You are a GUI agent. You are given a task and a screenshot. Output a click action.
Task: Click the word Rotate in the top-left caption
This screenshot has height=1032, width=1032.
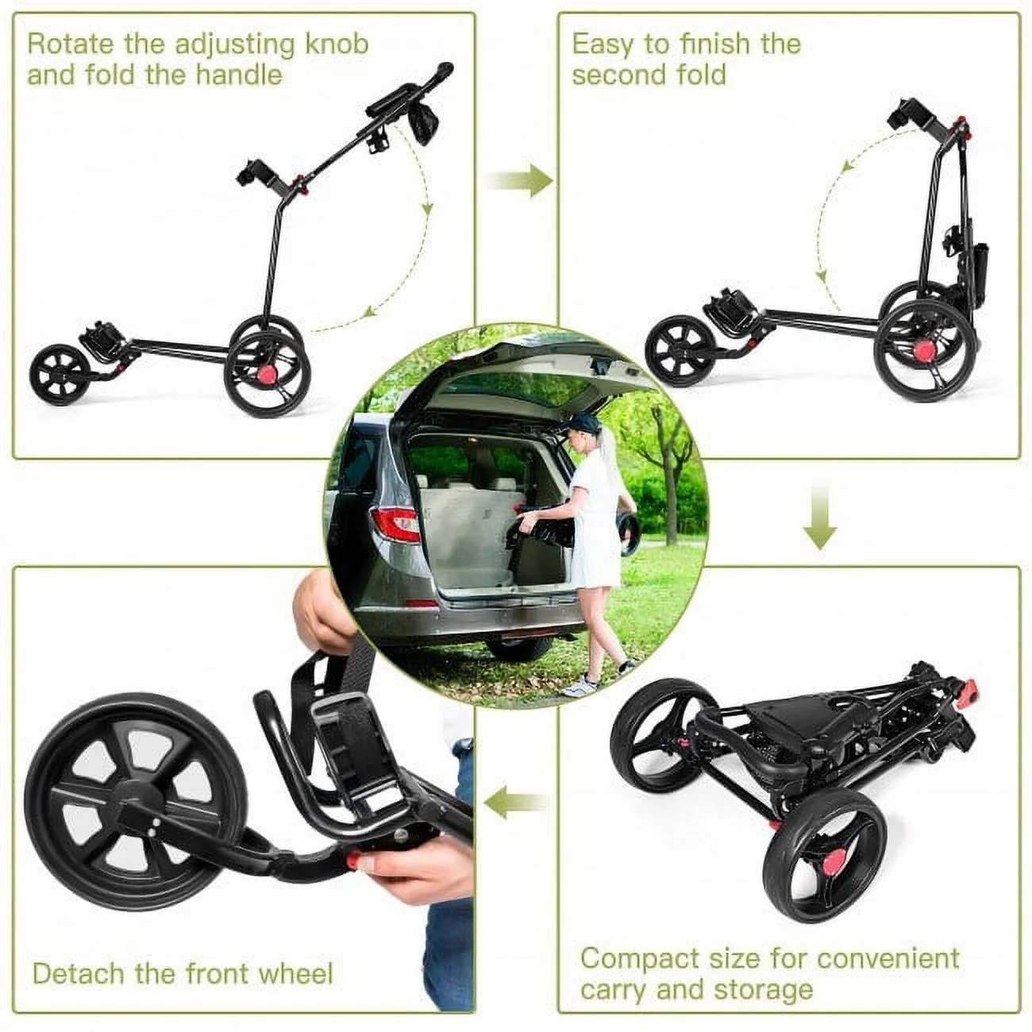click(x=67, y=44)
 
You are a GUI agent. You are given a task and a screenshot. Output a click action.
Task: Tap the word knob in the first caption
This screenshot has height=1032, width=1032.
click(x=336, y=44)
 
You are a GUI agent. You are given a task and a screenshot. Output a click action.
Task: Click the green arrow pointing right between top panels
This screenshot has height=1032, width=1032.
click(x=520, y=182)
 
